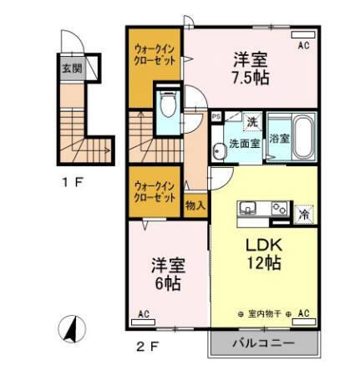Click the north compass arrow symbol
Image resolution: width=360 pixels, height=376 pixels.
tap(72, 328)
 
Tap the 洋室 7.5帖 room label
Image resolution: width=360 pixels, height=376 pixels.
tap(251, 67)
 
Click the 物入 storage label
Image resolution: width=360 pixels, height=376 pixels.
tap(195, 203)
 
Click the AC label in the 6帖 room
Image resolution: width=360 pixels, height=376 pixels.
tap(143, 315)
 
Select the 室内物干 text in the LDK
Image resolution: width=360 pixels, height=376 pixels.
tap(266, 314)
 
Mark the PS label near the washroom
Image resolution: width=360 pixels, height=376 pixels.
tap(216, 118)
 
